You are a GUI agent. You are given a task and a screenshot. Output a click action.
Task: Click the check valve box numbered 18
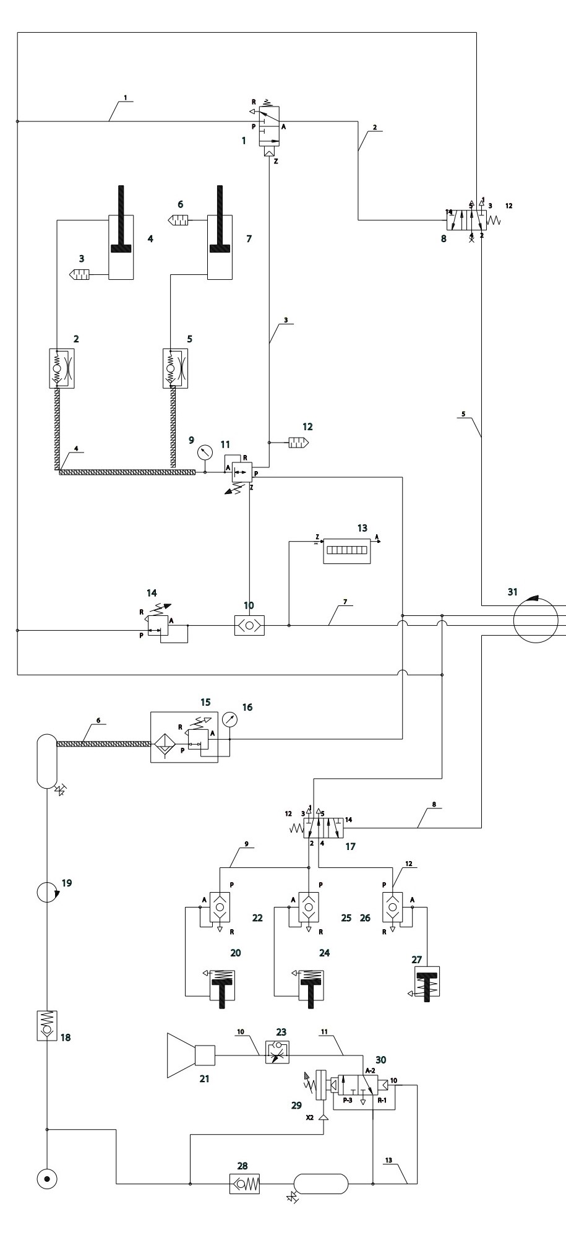point(46,1025)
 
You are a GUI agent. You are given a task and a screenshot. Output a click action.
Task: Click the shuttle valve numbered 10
point(249,625)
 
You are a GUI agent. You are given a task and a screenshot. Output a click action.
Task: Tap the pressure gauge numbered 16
point(230,720)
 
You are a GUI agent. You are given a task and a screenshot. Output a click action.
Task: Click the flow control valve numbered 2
point(58,368)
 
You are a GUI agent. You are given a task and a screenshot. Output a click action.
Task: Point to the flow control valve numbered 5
point(171,368)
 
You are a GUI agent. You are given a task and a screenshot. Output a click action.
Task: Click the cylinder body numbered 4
point(121,248)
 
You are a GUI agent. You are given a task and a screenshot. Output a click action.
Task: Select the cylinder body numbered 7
point(220,248)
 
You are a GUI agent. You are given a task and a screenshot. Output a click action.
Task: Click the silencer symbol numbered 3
point(80,274)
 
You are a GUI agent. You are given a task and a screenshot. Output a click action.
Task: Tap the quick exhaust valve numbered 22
point(220,908)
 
